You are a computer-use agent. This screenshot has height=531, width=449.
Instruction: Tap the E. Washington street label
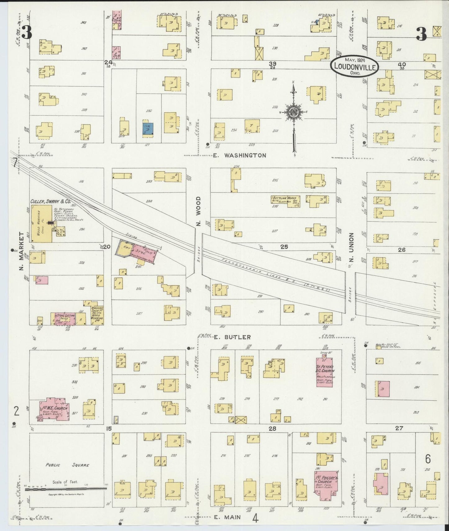(x=240, y=155)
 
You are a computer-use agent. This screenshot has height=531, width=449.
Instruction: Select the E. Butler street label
(x=232, y=337)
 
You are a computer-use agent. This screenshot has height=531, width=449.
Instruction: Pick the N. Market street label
(x=21, y=251)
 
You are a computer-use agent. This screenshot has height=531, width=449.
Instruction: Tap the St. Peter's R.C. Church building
(x=324, y=372)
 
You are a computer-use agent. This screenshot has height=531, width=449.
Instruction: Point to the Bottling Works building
(x=285, y=201)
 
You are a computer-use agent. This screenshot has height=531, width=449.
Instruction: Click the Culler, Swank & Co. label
(x=50, y=202)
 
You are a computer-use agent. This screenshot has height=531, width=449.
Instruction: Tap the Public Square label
(x=67, y=465)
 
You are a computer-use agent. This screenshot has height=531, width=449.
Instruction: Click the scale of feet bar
(x=66, y=488)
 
